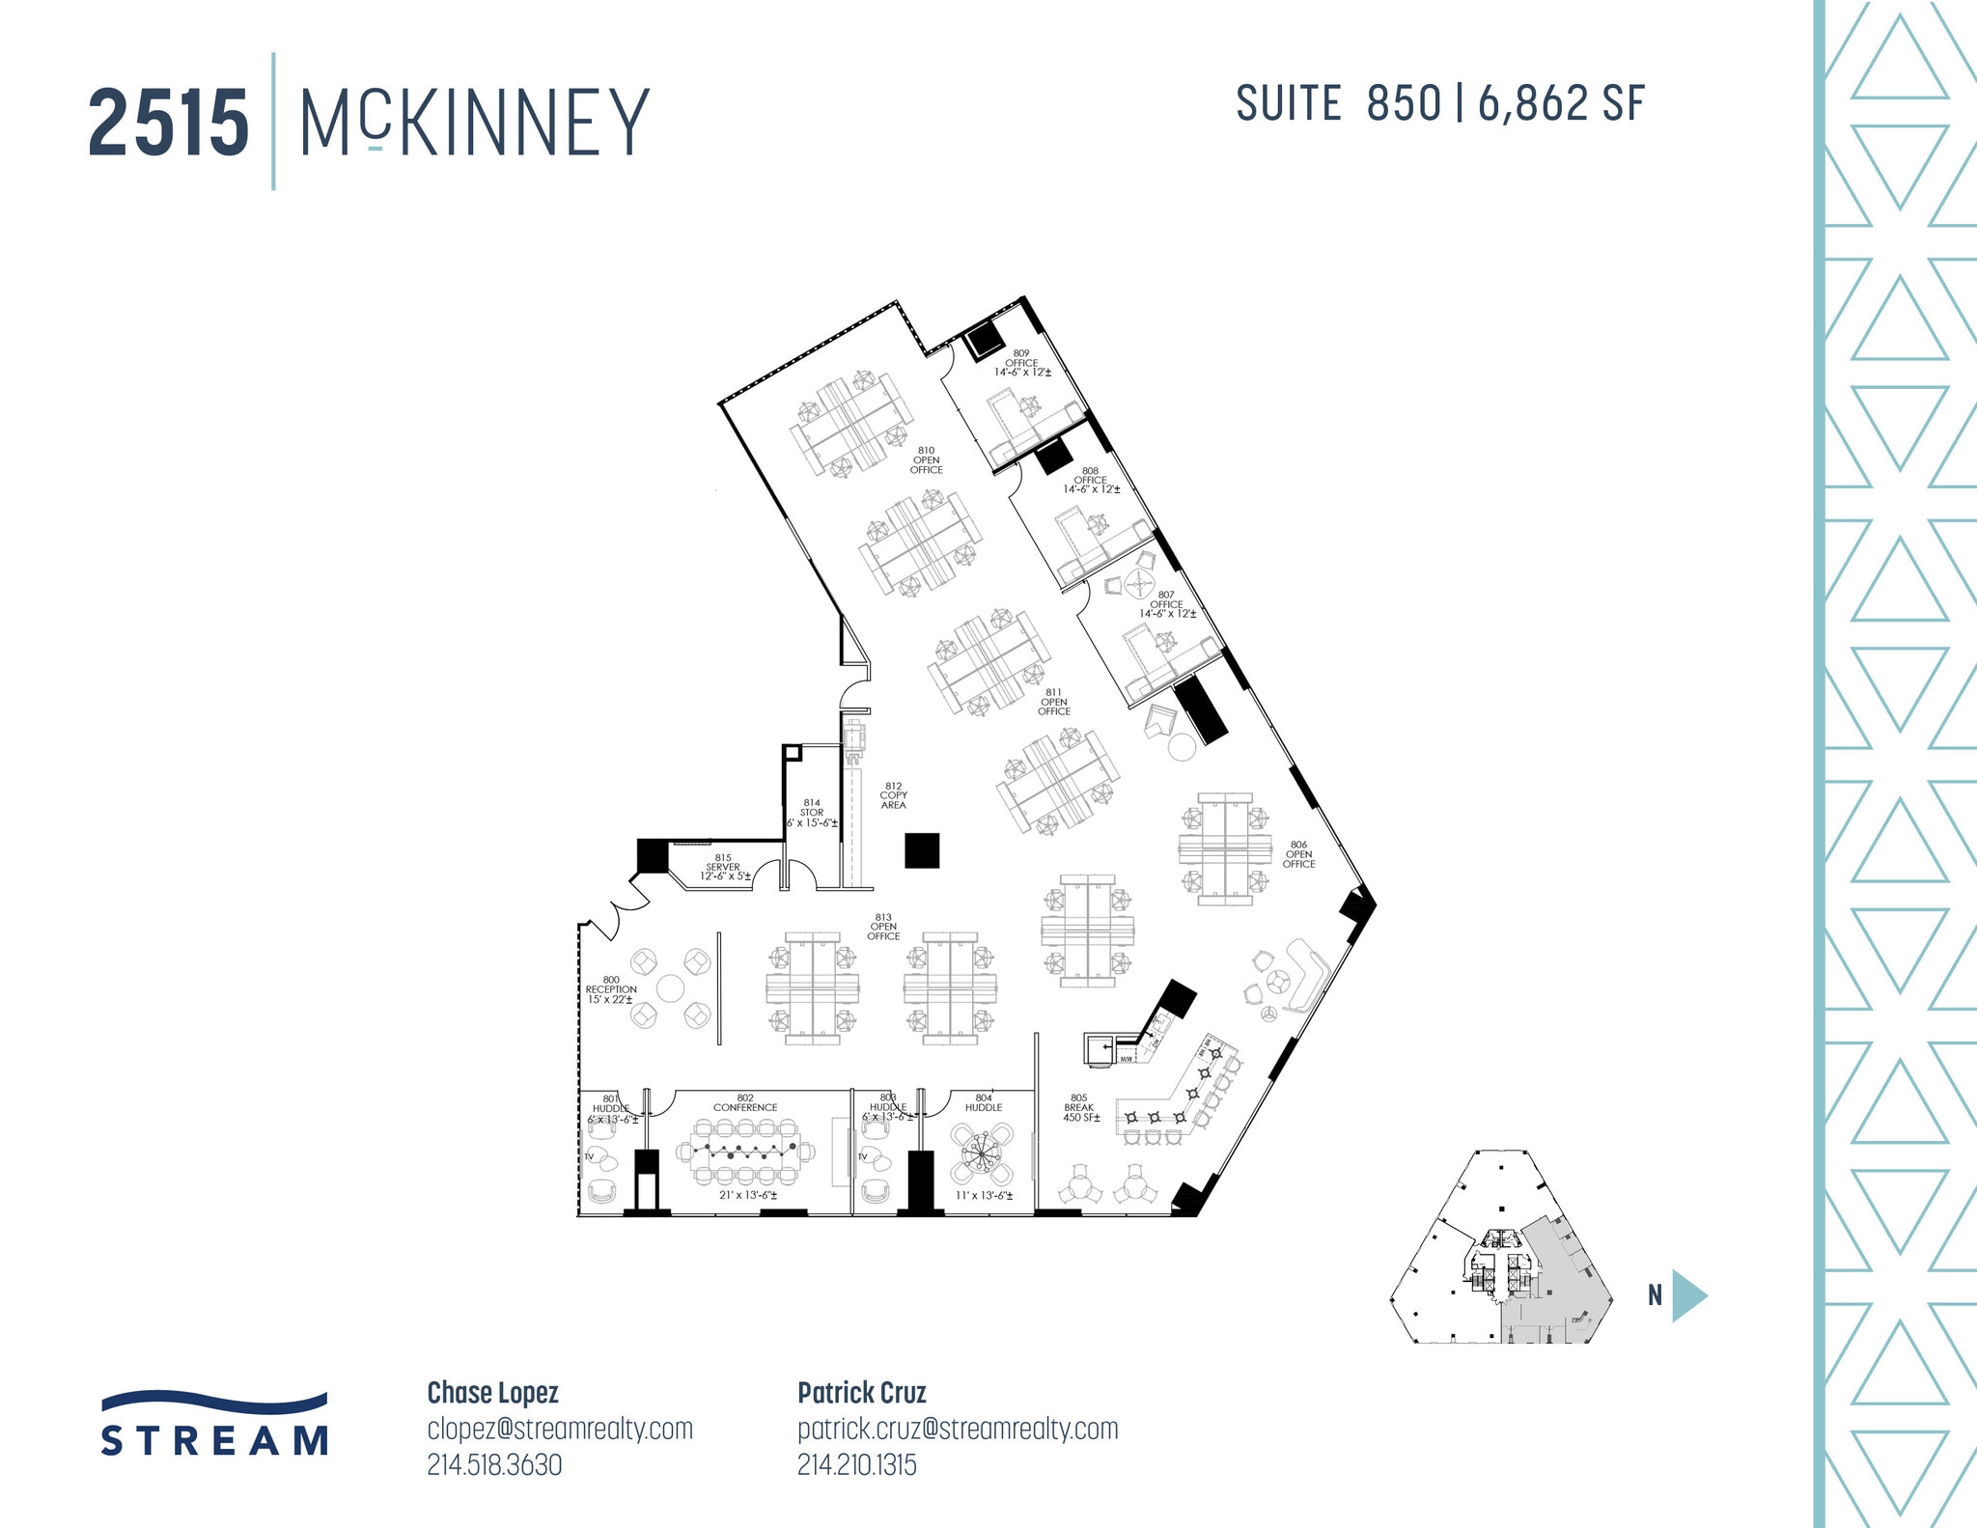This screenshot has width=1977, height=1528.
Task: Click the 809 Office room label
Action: [1021, 363]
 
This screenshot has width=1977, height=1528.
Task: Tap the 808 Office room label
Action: [1091, 480]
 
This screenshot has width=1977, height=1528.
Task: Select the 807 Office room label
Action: [1166, 604]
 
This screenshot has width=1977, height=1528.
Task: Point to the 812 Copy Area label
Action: [893, 795]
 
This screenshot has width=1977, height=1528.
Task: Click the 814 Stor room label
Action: [812, 813]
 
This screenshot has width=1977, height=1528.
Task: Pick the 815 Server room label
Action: [724, 867]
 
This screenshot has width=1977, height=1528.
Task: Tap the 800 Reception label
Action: [610, 989]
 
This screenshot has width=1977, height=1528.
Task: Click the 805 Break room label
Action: [1078, 1107]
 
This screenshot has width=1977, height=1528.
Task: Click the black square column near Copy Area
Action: [922, 850]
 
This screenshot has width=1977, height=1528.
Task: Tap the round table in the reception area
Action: [670, 988]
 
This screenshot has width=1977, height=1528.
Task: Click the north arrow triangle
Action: [1688, 1295]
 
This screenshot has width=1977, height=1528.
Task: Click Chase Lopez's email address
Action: [560, 1429]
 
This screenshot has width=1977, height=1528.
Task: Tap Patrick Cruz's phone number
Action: [856, 1465]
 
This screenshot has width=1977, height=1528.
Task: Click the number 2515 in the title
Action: [169, 124]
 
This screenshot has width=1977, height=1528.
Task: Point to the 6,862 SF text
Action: [1560, 104]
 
